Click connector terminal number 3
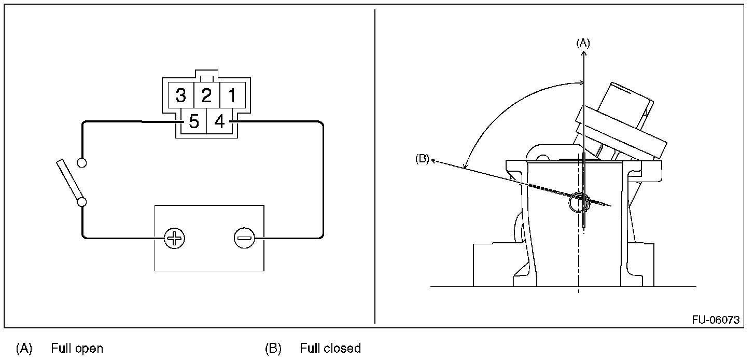tap(180, 95)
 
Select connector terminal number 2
tap(206, 95)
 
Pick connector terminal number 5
tap(193, 122)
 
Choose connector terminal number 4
tap(219, 122)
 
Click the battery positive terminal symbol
tap(174, 239)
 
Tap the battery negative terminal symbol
tap(244, 239)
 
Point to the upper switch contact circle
tap(81, 163)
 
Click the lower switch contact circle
tap(81, 201)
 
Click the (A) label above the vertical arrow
tap(583, 44)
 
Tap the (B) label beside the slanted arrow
tap(422, 159)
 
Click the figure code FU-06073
tap(716, 320)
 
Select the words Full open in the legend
tap(77, 348)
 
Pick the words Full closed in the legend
tap(330, 348)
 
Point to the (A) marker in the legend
tap(24, 348)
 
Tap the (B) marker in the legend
tap(273, 348)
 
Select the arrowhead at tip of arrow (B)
tap(434, 161)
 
